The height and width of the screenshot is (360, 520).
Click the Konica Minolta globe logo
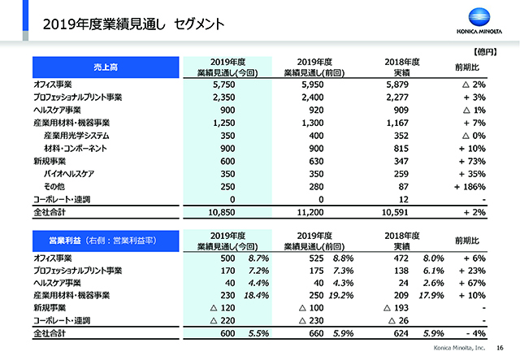(x=479, y=17)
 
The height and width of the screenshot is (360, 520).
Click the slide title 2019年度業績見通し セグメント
(x=133, y=24)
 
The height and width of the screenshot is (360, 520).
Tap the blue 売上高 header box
(x=106, y=67)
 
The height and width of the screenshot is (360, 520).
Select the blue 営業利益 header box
(x=106, y=241)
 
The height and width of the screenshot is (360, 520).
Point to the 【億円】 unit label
(x=485, y=52)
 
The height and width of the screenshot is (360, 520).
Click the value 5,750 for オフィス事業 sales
(x=224, y=85)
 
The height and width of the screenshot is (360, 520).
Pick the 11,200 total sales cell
(x=310, y=212)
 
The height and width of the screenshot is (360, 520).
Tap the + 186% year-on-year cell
(x=470, y=187)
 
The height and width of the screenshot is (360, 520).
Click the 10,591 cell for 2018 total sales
(x=395, y=212)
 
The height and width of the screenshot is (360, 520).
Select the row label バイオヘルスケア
(x=69, y=174)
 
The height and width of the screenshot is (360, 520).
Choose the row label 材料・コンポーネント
(x=76, y=149)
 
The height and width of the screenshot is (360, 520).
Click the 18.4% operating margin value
(x=257, y=295)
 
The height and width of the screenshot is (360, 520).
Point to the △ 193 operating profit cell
(x=396, y=308)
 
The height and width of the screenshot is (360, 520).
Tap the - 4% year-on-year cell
(x=476, y=333)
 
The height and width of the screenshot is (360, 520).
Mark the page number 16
(x=500, y=348)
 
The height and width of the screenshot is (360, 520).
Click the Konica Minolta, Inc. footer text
(x=459, y=348)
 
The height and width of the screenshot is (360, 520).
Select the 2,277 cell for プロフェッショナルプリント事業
(x=397, y=98)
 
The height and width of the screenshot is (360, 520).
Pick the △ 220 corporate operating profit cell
(x=223, y=320)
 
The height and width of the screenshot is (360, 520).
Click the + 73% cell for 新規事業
(x=472, y=161)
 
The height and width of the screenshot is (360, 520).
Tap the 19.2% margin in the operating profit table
(x=341, y=295)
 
